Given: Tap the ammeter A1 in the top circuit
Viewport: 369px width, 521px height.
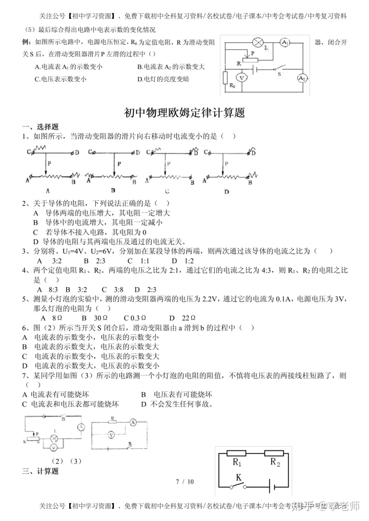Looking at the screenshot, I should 286,42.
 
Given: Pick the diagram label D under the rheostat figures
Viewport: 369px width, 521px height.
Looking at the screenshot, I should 226,191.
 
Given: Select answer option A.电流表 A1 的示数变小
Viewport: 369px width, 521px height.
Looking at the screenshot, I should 69,67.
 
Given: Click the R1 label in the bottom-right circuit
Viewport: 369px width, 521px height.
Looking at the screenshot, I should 237,463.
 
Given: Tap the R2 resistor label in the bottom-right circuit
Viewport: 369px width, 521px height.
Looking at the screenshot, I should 275,463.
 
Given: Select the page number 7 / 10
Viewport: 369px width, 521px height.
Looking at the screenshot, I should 184,482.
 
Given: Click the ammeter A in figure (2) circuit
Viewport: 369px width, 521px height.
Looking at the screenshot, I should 80,426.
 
